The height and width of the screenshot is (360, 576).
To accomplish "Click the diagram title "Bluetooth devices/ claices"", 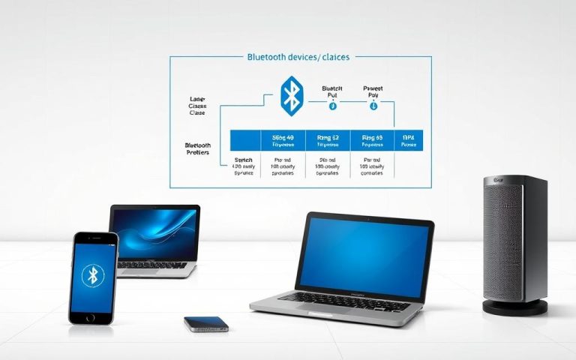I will [x=298, y=57].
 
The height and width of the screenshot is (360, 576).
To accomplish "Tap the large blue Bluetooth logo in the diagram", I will [x=291, y=94].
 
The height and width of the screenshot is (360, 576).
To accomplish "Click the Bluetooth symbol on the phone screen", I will [x=93, y=275].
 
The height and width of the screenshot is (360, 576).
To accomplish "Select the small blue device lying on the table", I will [x=206, y=323].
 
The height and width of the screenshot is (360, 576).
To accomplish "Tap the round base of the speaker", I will [x=514, y=306].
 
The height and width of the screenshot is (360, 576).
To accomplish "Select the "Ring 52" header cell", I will [x=328, y=140].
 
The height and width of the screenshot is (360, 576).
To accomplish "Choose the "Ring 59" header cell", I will [x=372, y=140].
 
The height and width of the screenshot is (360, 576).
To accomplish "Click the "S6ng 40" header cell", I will [x=283, y=140].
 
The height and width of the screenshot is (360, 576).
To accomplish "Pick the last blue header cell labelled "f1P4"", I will [x=409, y=140].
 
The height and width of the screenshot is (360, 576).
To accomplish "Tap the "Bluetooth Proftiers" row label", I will [x=198, y=148].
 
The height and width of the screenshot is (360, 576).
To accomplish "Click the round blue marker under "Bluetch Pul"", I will [x=333, y=106].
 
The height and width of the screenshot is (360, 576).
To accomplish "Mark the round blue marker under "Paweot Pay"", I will [x=373, y=106].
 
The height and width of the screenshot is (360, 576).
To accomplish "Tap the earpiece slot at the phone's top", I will [x=94, y=238].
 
